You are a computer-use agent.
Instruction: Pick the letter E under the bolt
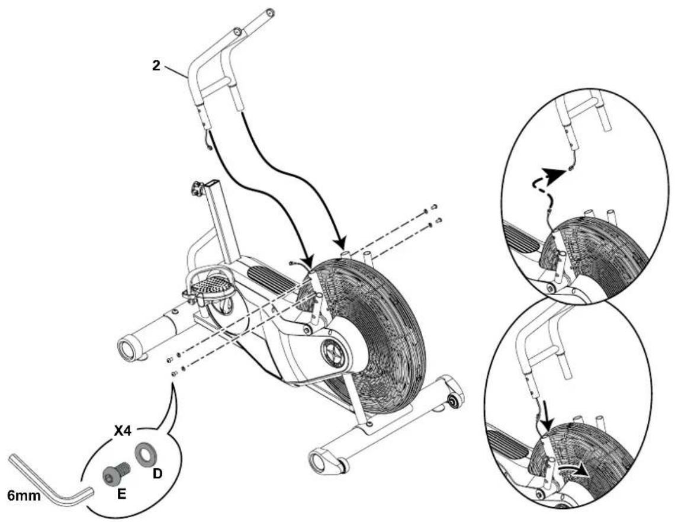(x=120, y=492)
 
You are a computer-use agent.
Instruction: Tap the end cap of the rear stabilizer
(x=127, y=346)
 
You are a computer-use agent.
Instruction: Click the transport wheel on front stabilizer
(x=452, y=401)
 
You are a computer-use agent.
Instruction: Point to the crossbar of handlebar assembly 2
(x=216, y=90)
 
